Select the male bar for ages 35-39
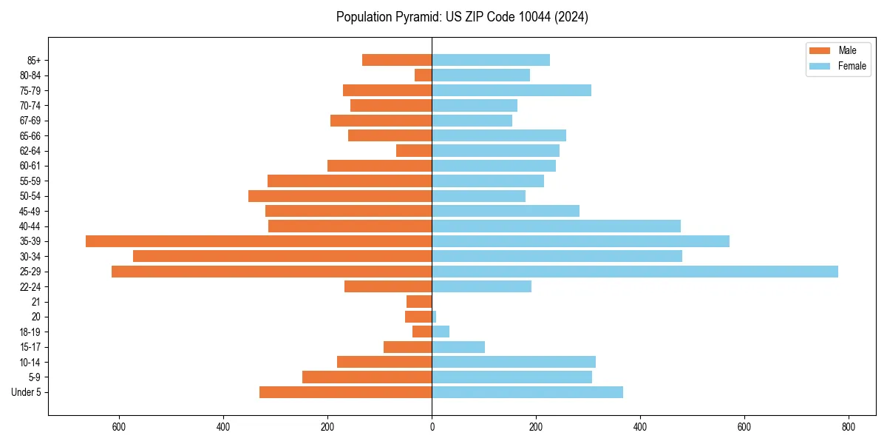tap(259, 241)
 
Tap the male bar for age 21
tap(419, 302)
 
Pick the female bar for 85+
tap(491, 60)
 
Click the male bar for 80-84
tap(424, 75)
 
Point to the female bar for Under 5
tap(527, 392)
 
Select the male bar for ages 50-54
tap(340, 196)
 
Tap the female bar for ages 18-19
tap(441, 332)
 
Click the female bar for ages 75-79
tap(512, 90)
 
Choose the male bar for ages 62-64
tap(414, 151)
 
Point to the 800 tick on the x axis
tap(849, 427)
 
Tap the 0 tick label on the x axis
tap(432, 427)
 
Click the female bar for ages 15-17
tap(458, 347)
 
